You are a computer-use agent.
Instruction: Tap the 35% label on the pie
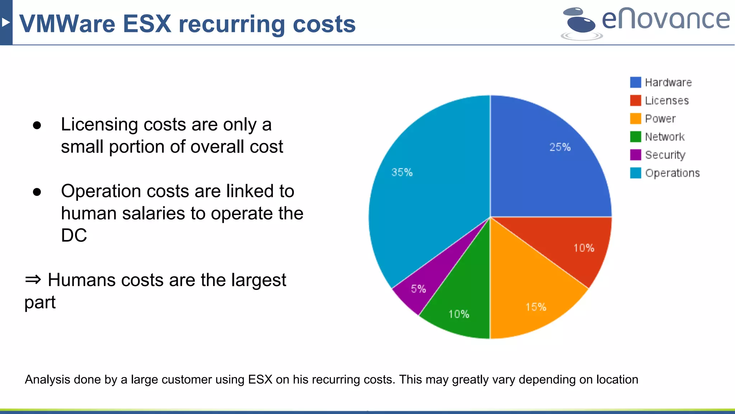coord(402,172)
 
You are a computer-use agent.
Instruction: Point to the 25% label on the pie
coord(560,147)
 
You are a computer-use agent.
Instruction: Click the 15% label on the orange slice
coord(536,307)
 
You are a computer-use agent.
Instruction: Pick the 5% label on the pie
coord(418,289)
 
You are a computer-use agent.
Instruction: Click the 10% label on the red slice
coord(584,248)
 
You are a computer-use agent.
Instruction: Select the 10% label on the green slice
coord(459,314)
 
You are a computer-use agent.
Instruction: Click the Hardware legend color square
coord(635,82)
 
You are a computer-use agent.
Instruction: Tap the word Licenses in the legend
coord(667,101)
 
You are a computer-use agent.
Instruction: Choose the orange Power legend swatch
coord(635,119)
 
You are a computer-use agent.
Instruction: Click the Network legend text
coord(665,137)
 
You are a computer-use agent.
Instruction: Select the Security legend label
coord(665,155)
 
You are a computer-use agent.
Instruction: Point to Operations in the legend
coord(672,173)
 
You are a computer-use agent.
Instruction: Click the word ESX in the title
coord(147,24)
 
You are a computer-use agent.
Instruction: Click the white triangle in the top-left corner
coord(5,23)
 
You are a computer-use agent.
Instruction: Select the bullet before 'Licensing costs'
coord(37,125)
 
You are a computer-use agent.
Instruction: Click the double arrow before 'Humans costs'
coord(33,279)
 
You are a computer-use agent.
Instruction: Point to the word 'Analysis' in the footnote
coord(47,379)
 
